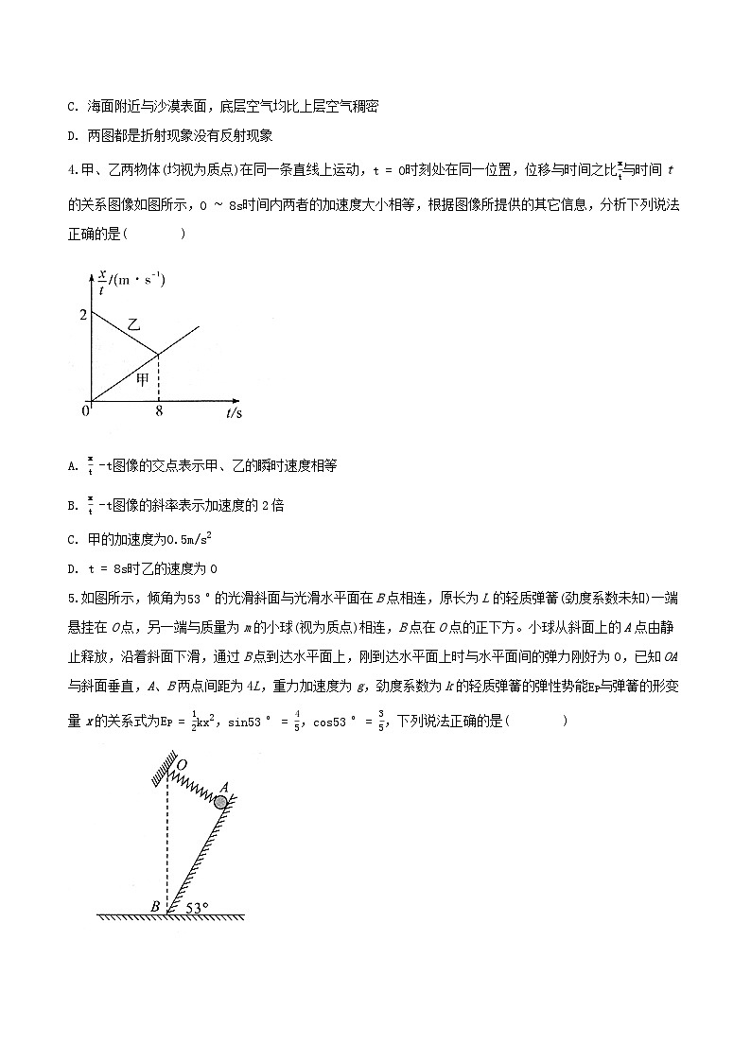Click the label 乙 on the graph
click(133, 323)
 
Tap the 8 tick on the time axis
click(158, 412)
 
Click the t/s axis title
click(234, 413)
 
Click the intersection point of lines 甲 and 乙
click(158, 354)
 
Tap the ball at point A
click(220, 802)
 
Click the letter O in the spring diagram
click(182, 763)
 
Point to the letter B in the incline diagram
click(154, 907)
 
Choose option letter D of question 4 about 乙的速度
click(73, 569)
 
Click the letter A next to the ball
click(224, 786)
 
